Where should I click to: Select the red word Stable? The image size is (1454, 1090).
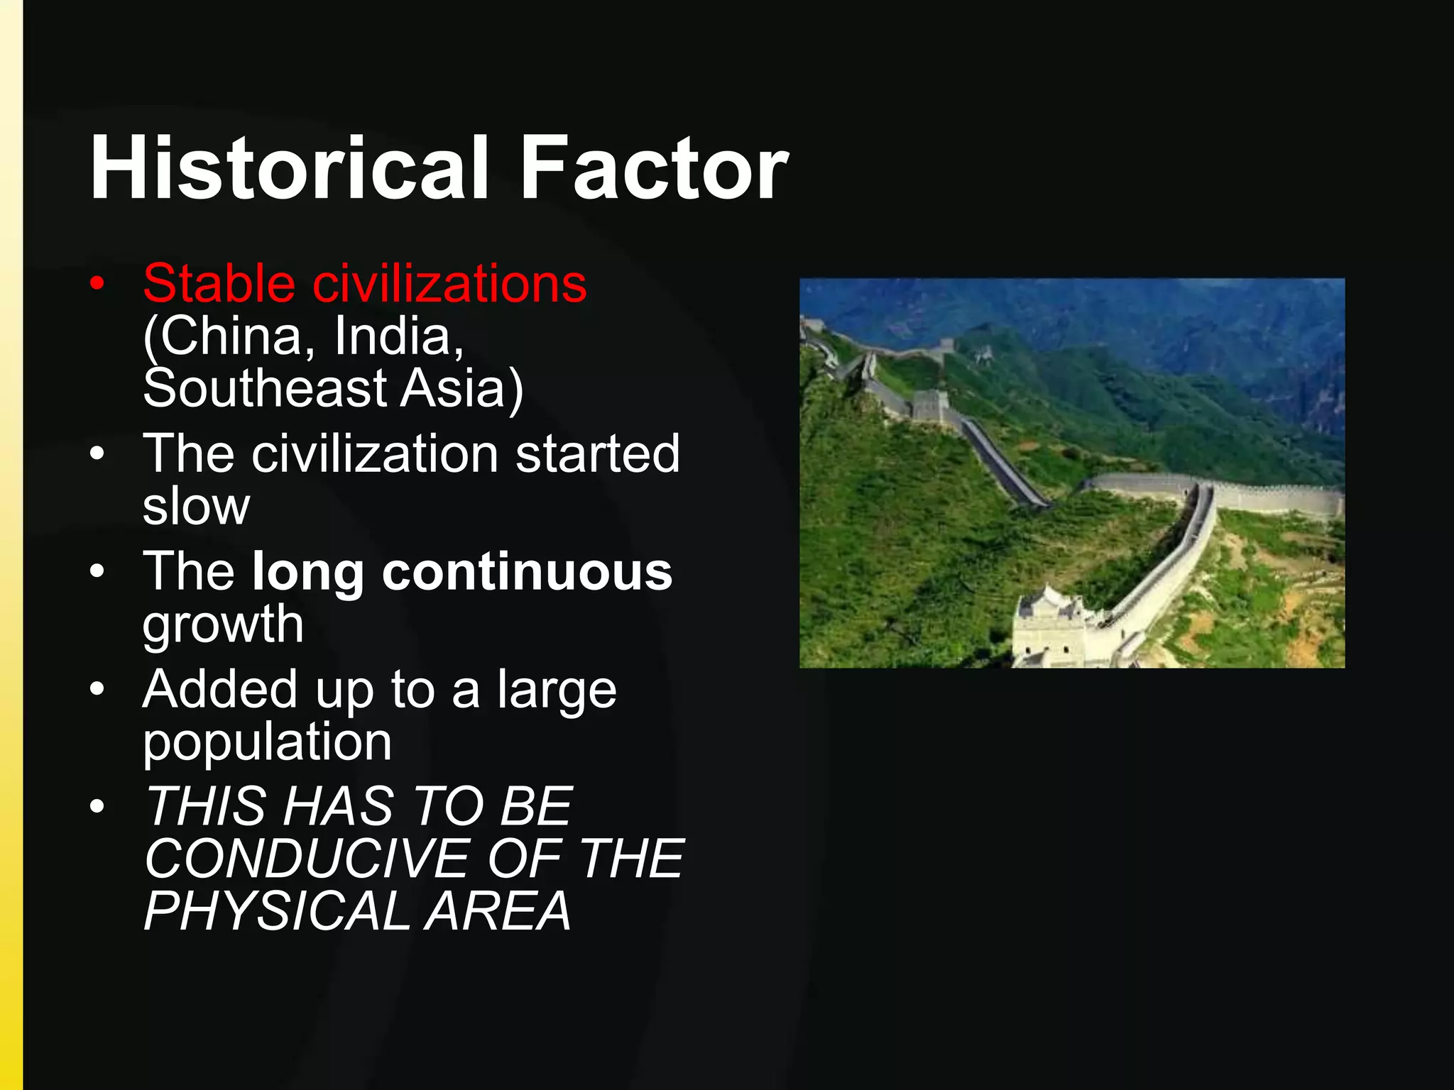219,283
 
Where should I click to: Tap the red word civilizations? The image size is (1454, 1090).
449,283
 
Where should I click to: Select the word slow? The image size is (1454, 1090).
196,506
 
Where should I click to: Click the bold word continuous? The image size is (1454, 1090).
527,571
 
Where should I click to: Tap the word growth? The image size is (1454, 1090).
223,624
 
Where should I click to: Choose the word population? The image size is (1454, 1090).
267,742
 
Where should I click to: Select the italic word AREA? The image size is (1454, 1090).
498,911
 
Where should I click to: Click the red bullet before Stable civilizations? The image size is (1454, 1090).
97,285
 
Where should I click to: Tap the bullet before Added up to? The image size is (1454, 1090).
97,688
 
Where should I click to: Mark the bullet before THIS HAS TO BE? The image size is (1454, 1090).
97,806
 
